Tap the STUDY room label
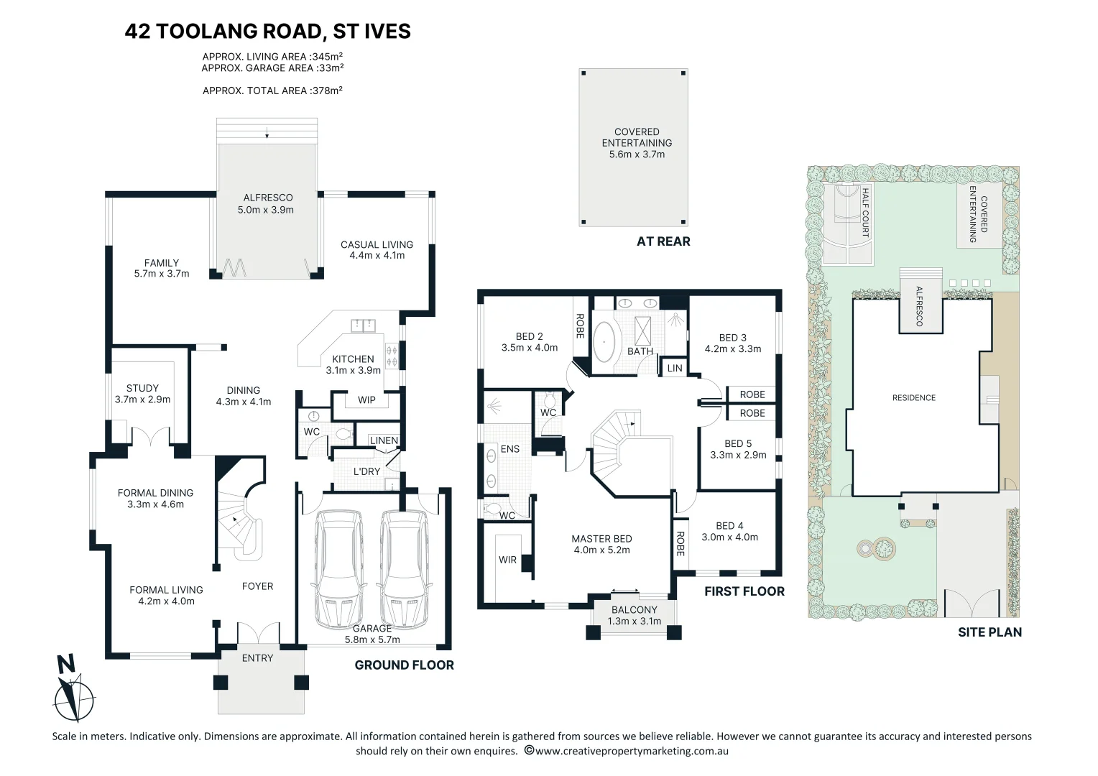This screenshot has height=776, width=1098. tap(143, 388)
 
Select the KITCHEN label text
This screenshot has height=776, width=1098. tap(353, 359)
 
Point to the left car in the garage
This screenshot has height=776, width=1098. tap(338, 568)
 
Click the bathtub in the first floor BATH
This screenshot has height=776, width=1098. tap(604, 342)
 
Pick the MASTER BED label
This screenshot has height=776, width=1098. tap(601, 539)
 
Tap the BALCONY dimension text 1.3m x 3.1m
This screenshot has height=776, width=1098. tap(635, 621)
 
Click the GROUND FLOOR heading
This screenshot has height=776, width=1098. tap(405, 665)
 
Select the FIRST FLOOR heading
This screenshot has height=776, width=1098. tap(744, 591)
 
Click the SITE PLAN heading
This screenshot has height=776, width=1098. tap(990, 632)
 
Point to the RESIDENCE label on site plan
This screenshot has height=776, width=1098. tap(914, 398)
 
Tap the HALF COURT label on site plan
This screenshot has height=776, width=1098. tap(865, 212)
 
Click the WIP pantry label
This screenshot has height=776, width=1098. tap(366, 400)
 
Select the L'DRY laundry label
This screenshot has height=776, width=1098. tap(367, 471)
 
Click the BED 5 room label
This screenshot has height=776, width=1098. tap(738, 443)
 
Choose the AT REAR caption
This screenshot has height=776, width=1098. tap(663, 241)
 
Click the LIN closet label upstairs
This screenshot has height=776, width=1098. tap(675, 368)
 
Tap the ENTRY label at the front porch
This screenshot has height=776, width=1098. tap(257, 658)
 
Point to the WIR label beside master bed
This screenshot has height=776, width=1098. tap(507, 560)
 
